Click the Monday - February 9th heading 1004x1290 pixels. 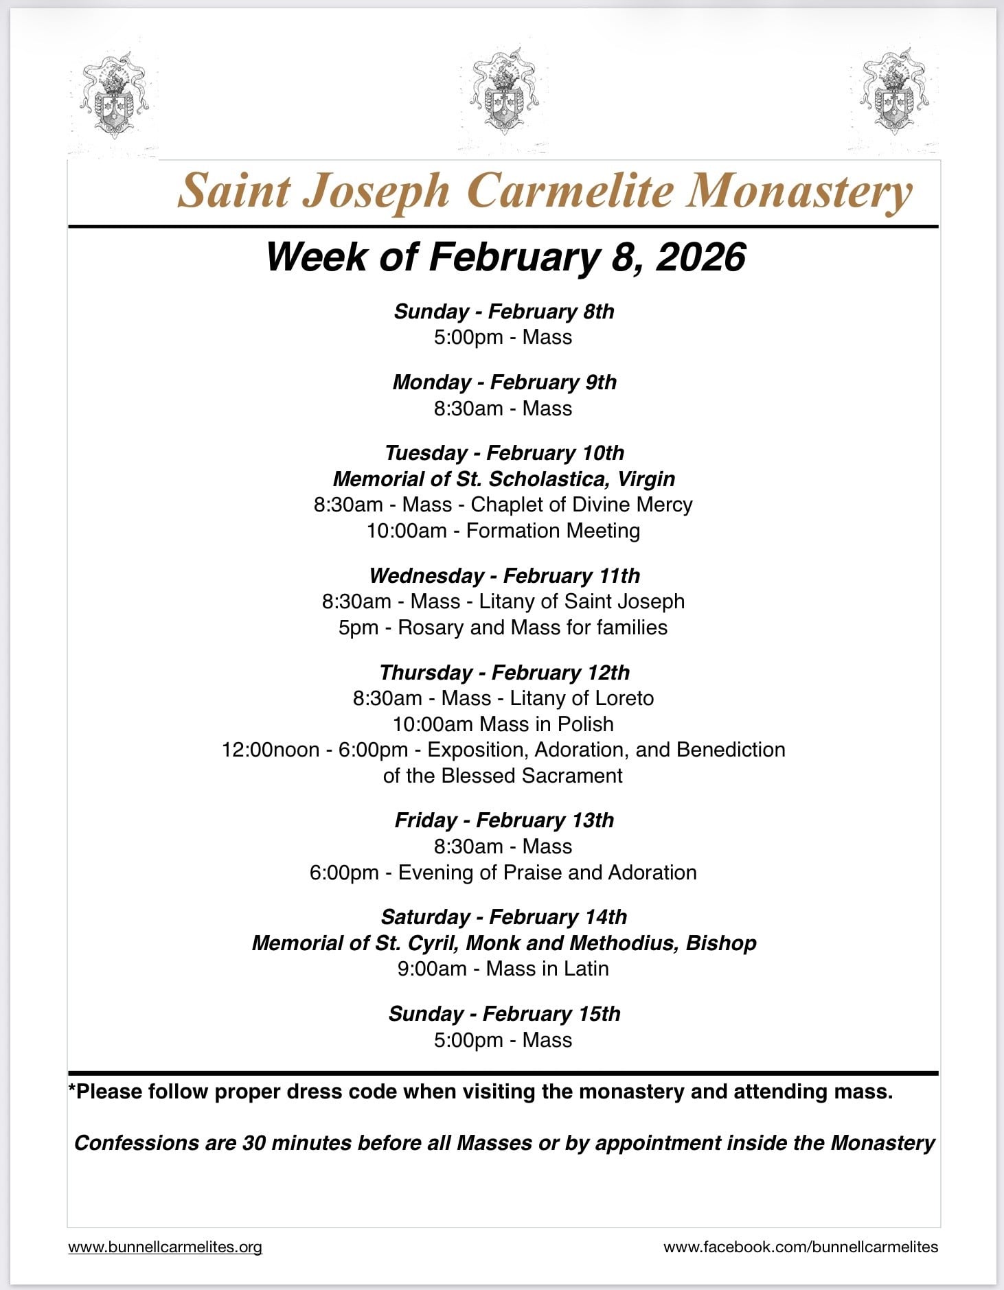point(504,382)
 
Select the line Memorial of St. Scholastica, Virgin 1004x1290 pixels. point(504,479)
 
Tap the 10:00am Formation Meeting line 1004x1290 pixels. point(503,531)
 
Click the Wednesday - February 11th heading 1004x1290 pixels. point(504,575)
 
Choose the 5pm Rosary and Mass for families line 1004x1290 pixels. point(503,627)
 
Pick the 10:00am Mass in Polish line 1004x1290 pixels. point(503,724)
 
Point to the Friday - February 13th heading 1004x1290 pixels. point(504,820)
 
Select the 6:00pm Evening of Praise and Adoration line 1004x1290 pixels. point(503,873)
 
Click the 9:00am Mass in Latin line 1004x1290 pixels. point(503,969)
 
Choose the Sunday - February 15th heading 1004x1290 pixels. point(504,1013)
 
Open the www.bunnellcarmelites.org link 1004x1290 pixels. point(165,1247)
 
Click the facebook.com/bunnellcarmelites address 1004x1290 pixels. point(801,1247)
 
